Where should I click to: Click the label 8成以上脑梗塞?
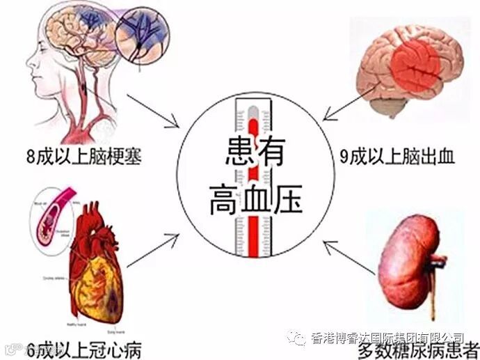[x=72, y=155]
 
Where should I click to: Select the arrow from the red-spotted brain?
[x=348, y=106]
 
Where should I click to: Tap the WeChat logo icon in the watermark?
[x=297, y=337]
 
